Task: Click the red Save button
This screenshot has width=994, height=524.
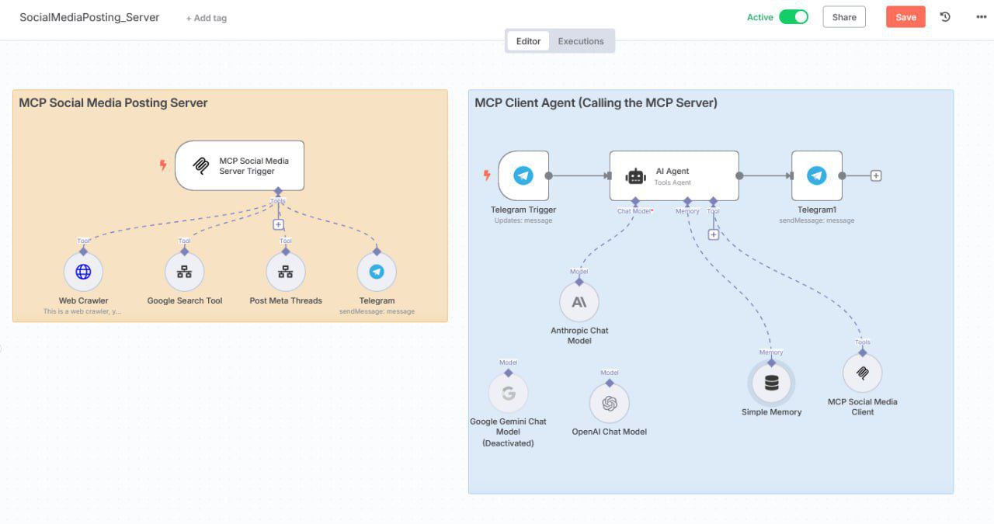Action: click(905, 17)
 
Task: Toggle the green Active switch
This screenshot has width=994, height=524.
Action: click(794, 17)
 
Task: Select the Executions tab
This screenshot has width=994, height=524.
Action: click(580, 41)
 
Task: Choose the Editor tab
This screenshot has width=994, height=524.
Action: click(528, 41)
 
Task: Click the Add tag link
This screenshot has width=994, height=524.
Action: click(207, 18)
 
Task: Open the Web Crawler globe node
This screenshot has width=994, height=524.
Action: click(83, 272)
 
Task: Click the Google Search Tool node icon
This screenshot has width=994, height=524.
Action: click(184, 272)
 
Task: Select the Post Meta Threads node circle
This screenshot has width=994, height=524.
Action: click(286, 272)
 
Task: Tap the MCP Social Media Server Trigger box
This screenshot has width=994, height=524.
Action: click(239, 165)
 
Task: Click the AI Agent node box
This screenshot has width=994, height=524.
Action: click(673, 175)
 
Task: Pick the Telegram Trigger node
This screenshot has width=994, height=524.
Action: click(523, 175)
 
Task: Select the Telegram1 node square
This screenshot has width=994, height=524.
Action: click(816, 175)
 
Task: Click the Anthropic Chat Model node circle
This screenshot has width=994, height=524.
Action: click(579, 302)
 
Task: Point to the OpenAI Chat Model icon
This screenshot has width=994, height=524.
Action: click(610, 404)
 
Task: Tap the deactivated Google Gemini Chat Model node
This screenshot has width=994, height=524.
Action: click(508, 394)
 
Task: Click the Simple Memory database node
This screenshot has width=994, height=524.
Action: click(771, 383)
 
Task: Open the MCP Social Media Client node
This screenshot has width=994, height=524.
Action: click(862, 373)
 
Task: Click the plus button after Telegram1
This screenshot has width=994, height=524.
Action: click(876, 175)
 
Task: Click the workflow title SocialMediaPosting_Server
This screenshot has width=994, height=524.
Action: click(89, 17)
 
